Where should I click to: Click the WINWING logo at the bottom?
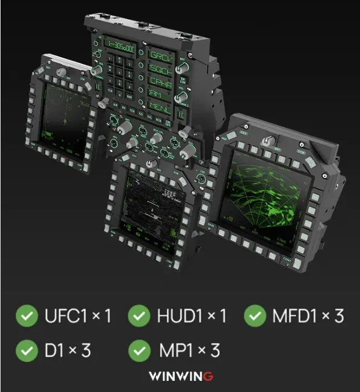point(180,376)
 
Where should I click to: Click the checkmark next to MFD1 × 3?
point(255,316)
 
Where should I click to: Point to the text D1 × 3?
point(67,350)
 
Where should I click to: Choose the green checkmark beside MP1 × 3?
point(139,350)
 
